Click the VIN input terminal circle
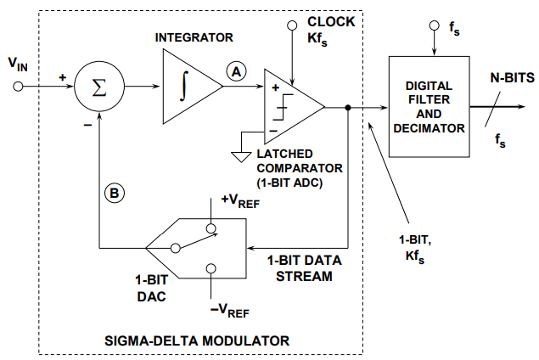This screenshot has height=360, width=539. pyautogui.click(x=18, y=87)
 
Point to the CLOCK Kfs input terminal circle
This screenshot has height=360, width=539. pyautogui.click(x=292, y=25)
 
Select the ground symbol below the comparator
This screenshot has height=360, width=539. pyautogui.click(x=241, y=156)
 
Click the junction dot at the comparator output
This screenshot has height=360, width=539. pyautogui.click(x=348, y=108)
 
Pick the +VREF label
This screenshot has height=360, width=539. pyautogui.click(x=240, y=201)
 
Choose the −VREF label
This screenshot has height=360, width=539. pyautogui.click(x=230, y=311)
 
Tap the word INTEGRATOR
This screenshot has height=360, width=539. pyautogui.click(x=194, y=37)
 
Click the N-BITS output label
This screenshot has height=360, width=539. pyautogui.click(x=512, y=78)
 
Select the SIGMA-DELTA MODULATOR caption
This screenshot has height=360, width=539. pyautogui.click(x=197, y=340)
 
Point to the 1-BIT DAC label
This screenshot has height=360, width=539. pyautogui.click(x=152, y=288)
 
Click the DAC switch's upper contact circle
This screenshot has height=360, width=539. pyautogui.click(x=211, y=228)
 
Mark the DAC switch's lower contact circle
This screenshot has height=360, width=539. pyautogui.click(x=211, y=268)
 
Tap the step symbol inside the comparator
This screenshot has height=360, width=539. pyautogui.click(x=283, y=107)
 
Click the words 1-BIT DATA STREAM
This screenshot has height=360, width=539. pyautogui.click(x=305, y=268)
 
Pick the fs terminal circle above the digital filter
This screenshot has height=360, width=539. pyautogui.click(x=434, y=25)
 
